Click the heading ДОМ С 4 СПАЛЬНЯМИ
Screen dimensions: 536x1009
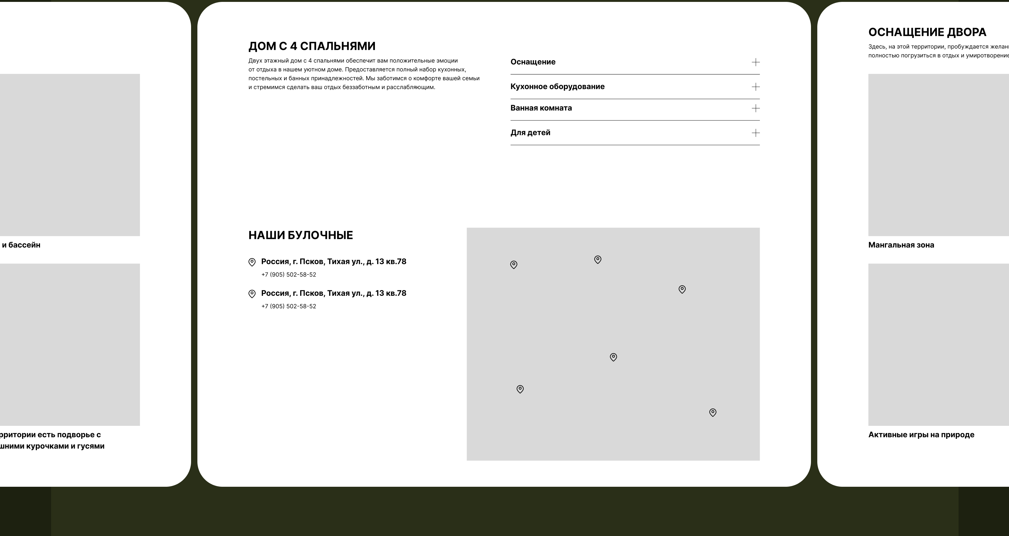tap(312, 46)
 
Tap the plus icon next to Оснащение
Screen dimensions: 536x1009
tap(755, 62)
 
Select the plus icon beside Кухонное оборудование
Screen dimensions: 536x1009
tap(755, 87)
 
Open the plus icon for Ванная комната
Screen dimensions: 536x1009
tap(755, 108)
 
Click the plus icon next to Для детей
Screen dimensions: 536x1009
tap(755, 133)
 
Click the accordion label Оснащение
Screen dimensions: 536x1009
tap(533, 62)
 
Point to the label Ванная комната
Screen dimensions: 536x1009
tap(541, 108)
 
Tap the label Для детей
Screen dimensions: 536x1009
tap(530, 133)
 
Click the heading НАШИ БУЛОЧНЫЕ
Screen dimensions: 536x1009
tap(300, 235)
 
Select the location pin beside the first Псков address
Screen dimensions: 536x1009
tap(252, 262)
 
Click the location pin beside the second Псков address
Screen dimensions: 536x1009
tap(252, 294)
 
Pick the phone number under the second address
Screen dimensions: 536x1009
tap(289, 307)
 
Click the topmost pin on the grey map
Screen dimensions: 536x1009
tap(598, 259)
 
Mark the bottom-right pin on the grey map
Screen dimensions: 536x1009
tap(713, 413)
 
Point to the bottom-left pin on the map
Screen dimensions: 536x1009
tap(520, 389)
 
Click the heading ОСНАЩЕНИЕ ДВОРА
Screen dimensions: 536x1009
tap(927, 32)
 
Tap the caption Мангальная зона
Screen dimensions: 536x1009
tap(901, 245)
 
